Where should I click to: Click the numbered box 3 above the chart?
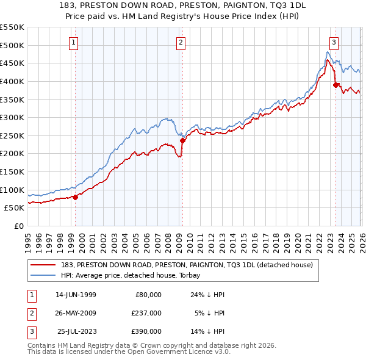334,42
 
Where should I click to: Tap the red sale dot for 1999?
76,196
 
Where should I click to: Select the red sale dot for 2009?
182,140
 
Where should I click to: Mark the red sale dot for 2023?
335,85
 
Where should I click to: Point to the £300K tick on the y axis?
12,117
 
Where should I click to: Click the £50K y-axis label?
14,207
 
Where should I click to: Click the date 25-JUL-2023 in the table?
77,331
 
